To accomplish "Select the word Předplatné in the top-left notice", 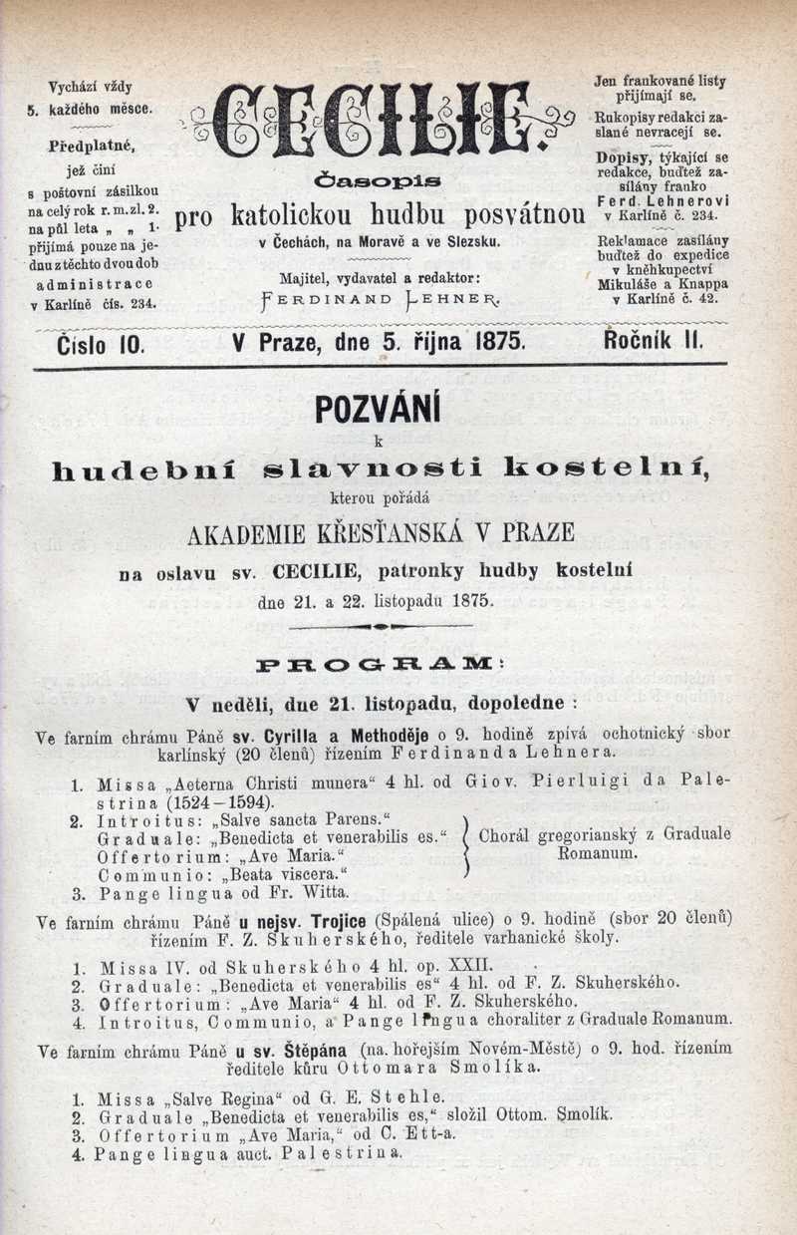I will (92, 146).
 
